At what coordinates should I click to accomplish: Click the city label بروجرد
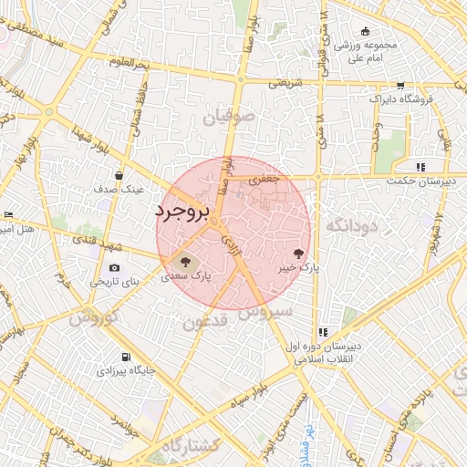point(182,212)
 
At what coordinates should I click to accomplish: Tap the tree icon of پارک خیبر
point(301,253)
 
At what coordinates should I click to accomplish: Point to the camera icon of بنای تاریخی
point(114,267)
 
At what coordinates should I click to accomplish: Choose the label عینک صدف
point(119,189)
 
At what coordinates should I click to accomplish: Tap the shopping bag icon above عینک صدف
point(119,175)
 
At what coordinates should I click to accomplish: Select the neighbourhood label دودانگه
point(344,224)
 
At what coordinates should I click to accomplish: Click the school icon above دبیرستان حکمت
point(420,167)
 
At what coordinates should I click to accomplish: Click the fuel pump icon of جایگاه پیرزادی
point(125,357)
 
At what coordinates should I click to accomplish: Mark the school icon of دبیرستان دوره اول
point(323,333)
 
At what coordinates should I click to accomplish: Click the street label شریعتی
point(284,83)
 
